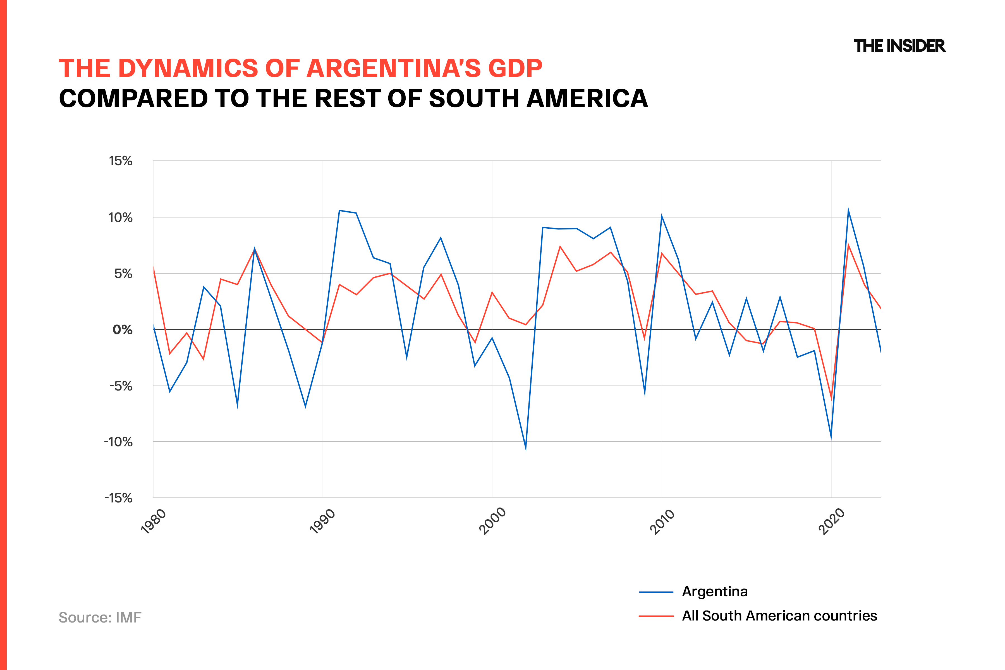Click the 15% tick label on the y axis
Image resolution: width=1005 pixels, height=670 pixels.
point(121,161)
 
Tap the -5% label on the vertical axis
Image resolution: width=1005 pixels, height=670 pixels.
point(121,386)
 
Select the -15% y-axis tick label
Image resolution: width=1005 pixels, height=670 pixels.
point(118,498)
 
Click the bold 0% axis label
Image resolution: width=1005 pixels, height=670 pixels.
point(122,330)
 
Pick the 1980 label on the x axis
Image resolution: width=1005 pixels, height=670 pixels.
point(153,521)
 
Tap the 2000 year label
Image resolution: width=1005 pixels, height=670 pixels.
point(492,521)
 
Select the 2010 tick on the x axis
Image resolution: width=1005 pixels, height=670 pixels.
point(662,521)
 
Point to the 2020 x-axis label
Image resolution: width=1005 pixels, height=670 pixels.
point(832,521)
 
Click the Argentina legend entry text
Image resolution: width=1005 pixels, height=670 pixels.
point(715,592)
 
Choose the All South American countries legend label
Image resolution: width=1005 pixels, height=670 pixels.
point(779,616)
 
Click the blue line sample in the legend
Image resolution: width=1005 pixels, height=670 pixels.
point(656,592)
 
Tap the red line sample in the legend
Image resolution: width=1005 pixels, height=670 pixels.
point(656,616)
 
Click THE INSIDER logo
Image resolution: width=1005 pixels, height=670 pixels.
point(899,46)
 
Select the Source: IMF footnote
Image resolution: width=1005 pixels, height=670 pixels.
point(100,618)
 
